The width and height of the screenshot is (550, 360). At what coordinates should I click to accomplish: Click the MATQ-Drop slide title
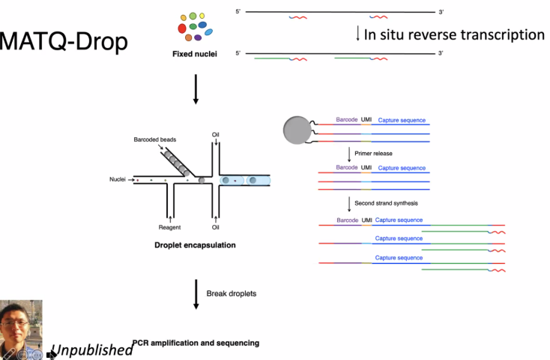(64, 41)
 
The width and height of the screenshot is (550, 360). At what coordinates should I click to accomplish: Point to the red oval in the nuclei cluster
(183, 28)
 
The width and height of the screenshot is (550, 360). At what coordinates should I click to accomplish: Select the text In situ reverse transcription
(454, 34)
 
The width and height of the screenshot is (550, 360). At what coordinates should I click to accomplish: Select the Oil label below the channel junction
(215, 226)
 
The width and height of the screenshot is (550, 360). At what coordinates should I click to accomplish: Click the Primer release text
(373, 153)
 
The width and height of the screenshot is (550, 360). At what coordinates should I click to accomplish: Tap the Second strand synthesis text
(386, 203)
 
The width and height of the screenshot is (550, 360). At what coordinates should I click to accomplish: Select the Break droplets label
(231, 293)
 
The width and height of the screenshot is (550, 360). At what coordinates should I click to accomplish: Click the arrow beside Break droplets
(196, 292)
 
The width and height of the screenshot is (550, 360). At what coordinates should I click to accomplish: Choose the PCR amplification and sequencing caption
(196, 343)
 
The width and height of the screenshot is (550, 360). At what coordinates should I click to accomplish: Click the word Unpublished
(91, 350)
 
